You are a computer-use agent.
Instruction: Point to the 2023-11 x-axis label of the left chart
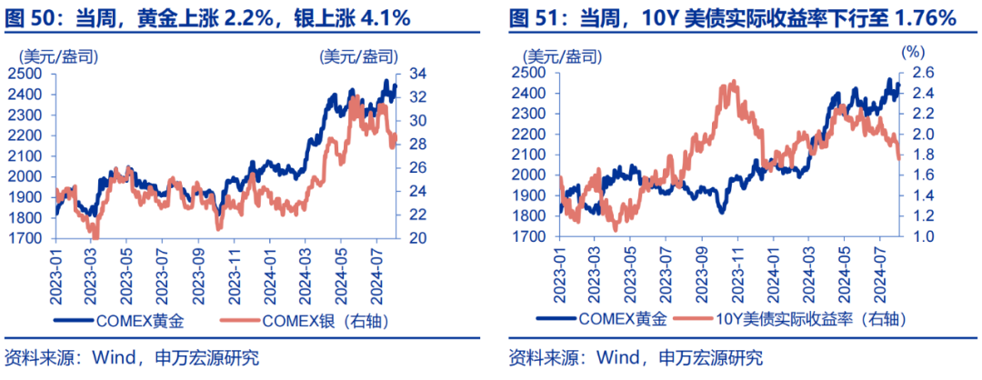tap(236, 270)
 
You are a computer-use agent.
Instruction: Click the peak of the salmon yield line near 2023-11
tap(731, 83)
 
